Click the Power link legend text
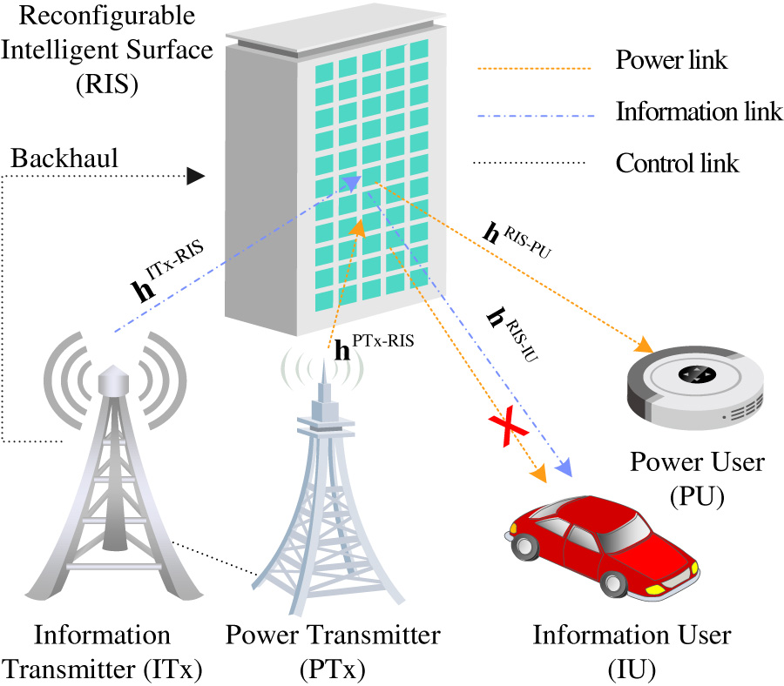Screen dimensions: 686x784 click(x=671, y=61)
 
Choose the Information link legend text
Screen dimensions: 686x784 click(x=686, y=112)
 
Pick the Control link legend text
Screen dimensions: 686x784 click(x=677, y=163)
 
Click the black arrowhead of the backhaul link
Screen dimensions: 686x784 click(x=197, y=176)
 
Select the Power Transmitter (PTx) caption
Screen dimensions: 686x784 click(x=334, y=649)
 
